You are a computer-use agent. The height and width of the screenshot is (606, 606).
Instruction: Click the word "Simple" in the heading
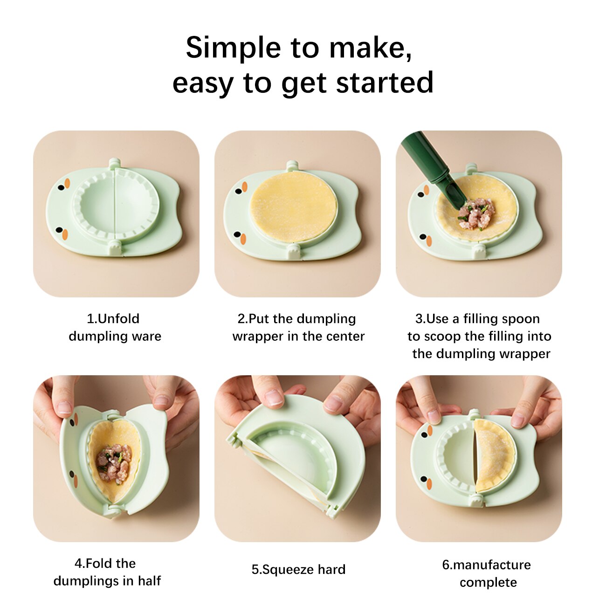pyautogui.click(x=234, y=48)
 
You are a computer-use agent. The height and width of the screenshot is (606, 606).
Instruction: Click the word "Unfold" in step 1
pyautogui.click(x=118, y=318)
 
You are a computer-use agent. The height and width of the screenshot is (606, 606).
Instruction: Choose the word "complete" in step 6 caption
pyautogui.click(x=488, y=583)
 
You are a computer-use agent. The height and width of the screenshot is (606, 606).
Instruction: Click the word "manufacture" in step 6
pyautogui.click(x=492, y=565)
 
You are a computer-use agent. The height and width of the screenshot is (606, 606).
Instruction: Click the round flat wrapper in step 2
pyautogui.click(x=294, y=207)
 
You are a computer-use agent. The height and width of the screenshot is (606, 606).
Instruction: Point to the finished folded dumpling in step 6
pyautogui.click(x=494, y=455)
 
